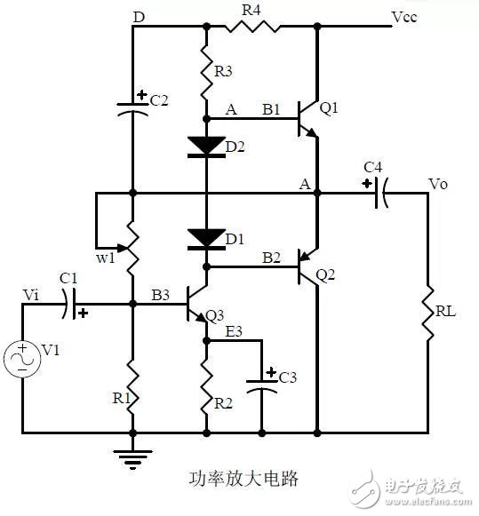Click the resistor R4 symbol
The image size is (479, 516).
click(252, 26)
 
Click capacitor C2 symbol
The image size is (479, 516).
click(132, 108)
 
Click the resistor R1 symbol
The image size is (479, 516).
click(132, 383)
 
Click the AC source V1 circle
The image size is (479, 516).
click(21, 359)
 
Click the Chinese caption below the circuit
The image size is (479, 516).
click(244, 478)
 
